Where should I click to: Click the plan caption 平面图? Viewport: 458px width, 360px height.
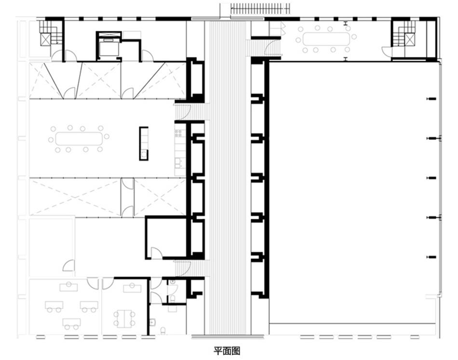click(x=227, y=350)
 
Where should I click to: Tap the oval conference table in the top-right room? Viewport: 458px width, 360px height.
click(x=326, y=39)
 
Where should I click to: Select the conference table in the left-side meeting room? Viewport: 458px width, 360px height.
click(x=79, y=139)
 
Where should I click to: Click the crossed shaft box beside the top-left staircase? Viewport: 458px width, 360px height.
click(x=45, y=40)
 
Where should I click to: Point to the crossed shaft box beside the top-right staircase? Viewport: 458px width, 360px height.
click(x=409, y=40)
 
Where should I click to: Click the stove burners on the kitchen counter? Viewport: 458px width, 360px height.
click(x=178, y=133)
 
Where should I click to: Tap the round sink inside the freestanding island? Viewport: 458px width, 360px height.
click(x=143, y=155)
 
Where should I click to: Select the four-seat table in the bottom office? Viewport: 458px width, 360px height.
click(x=124, y=319)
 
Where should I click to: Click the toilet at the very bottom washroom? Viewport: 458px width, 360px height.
click(x=162, y=331)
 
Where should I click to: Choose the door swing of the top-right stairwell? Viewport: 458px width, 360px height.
click(x=387, y=52)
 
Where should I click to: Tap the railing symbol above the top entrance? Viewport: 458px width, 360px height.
click(x=260, y=9)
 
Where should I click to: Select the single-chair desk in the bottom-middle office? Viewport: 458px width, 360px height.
click(x=132, y=288)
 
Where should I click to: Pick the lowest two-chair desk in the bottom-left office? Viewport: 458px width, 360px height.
click(x=71, y=323)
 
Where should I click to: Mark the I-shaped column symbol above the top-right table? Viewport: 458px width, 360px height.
click(x=346, y=24)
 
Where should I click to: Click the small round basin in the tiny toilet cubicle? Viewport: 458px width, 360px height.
click(x=173, y=282)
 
